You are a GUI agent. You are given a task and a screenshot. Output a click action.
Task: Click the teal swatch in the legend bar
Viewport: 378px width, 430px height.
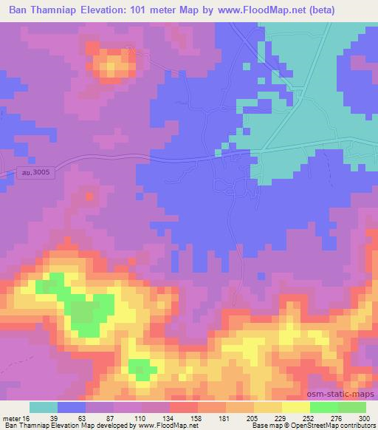coord(44,407)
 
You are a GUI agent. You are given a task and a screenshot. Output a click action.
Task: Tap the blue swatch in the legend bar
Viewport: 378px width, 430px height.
coord(72,407)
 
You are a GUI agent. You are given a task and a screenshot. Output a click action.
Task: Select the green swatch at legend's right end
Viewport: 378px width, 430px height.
coord(351,407)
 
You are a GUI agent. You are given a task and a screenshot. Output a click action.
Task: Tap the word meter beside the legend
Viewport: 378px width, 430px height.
coord(12,418)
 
